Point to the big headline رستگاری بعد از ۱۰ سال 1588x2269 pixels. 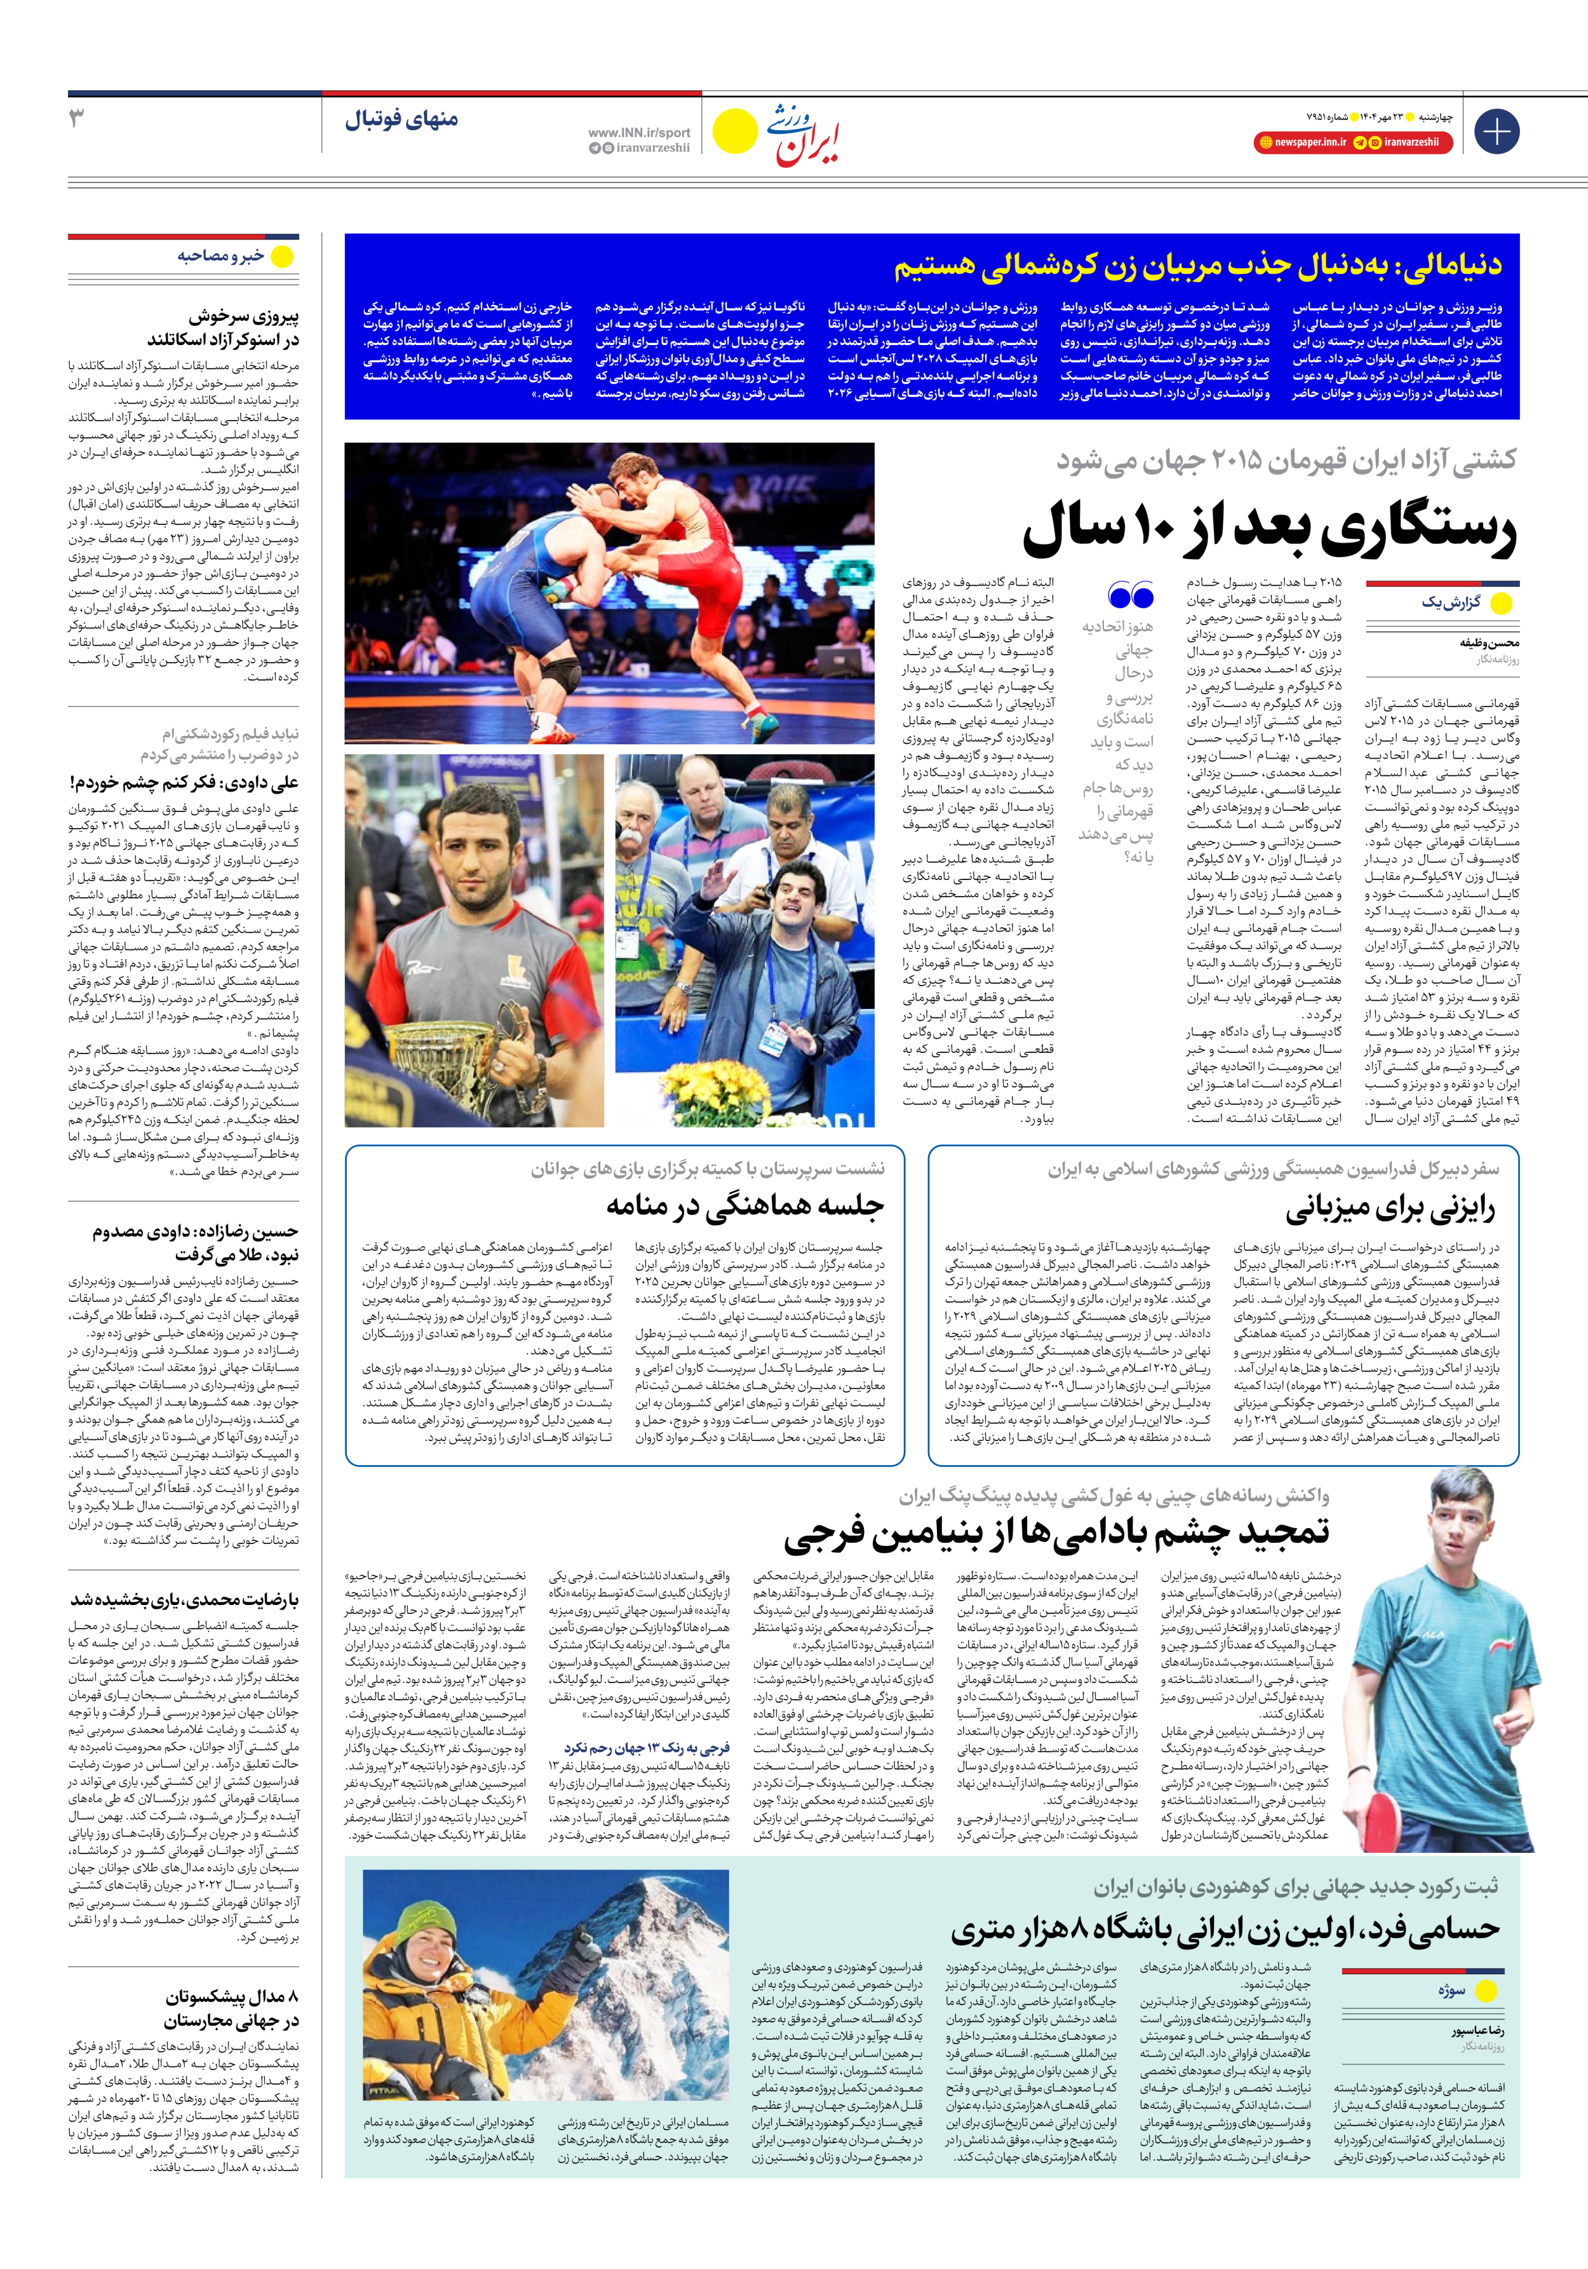pos(1269,531)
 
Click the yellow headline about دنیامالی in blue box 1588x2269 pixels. pos(1198,265)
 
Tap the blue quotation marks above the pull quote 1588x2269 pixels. pos(1131,596)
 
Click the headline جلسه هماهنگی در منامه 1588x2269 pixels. pos(744,1205)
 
